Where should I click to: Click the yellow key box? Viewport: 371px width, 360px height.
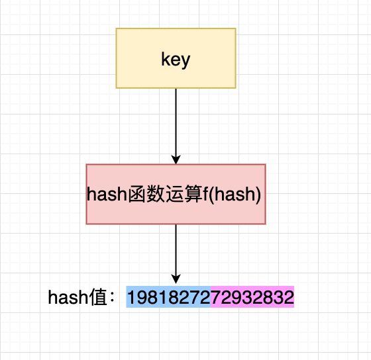point(176,58)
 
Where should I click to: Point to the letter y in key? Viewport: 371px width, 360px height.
point(185,62)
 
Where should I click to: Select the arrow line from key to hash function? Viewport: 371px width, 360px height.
point(176,126)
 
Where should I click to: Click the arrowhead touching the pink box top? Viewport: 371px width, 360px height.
point(176,159)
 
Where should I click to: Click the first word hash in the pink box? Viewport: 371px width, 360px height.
point(107,194)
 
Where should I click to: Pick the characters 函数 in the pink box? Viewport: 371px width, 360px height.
point(146,194)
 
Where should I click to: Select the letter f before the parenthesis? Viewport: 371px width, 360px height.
point(205,194)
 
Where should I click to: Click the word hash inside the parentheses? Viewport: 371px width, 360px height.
point(235,194)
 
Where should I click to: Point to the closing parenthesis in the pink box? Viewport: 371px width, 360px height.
point(258,195)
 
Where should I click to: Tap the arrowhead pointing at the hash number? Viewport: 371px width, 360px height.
point(176,279)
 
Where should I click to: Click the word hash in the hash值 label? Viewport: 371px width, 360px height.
point(68,297)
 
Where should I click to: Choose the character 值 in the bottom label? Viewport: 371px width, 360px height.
point(98,297)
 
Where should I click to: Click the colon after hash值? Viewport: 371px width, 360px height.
point(112,298)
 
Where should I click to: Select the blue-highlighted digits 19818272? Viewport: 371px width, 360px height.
point(169,297)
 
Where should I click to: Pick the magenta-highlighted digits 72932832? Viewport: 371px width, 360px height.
point(252,297)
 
